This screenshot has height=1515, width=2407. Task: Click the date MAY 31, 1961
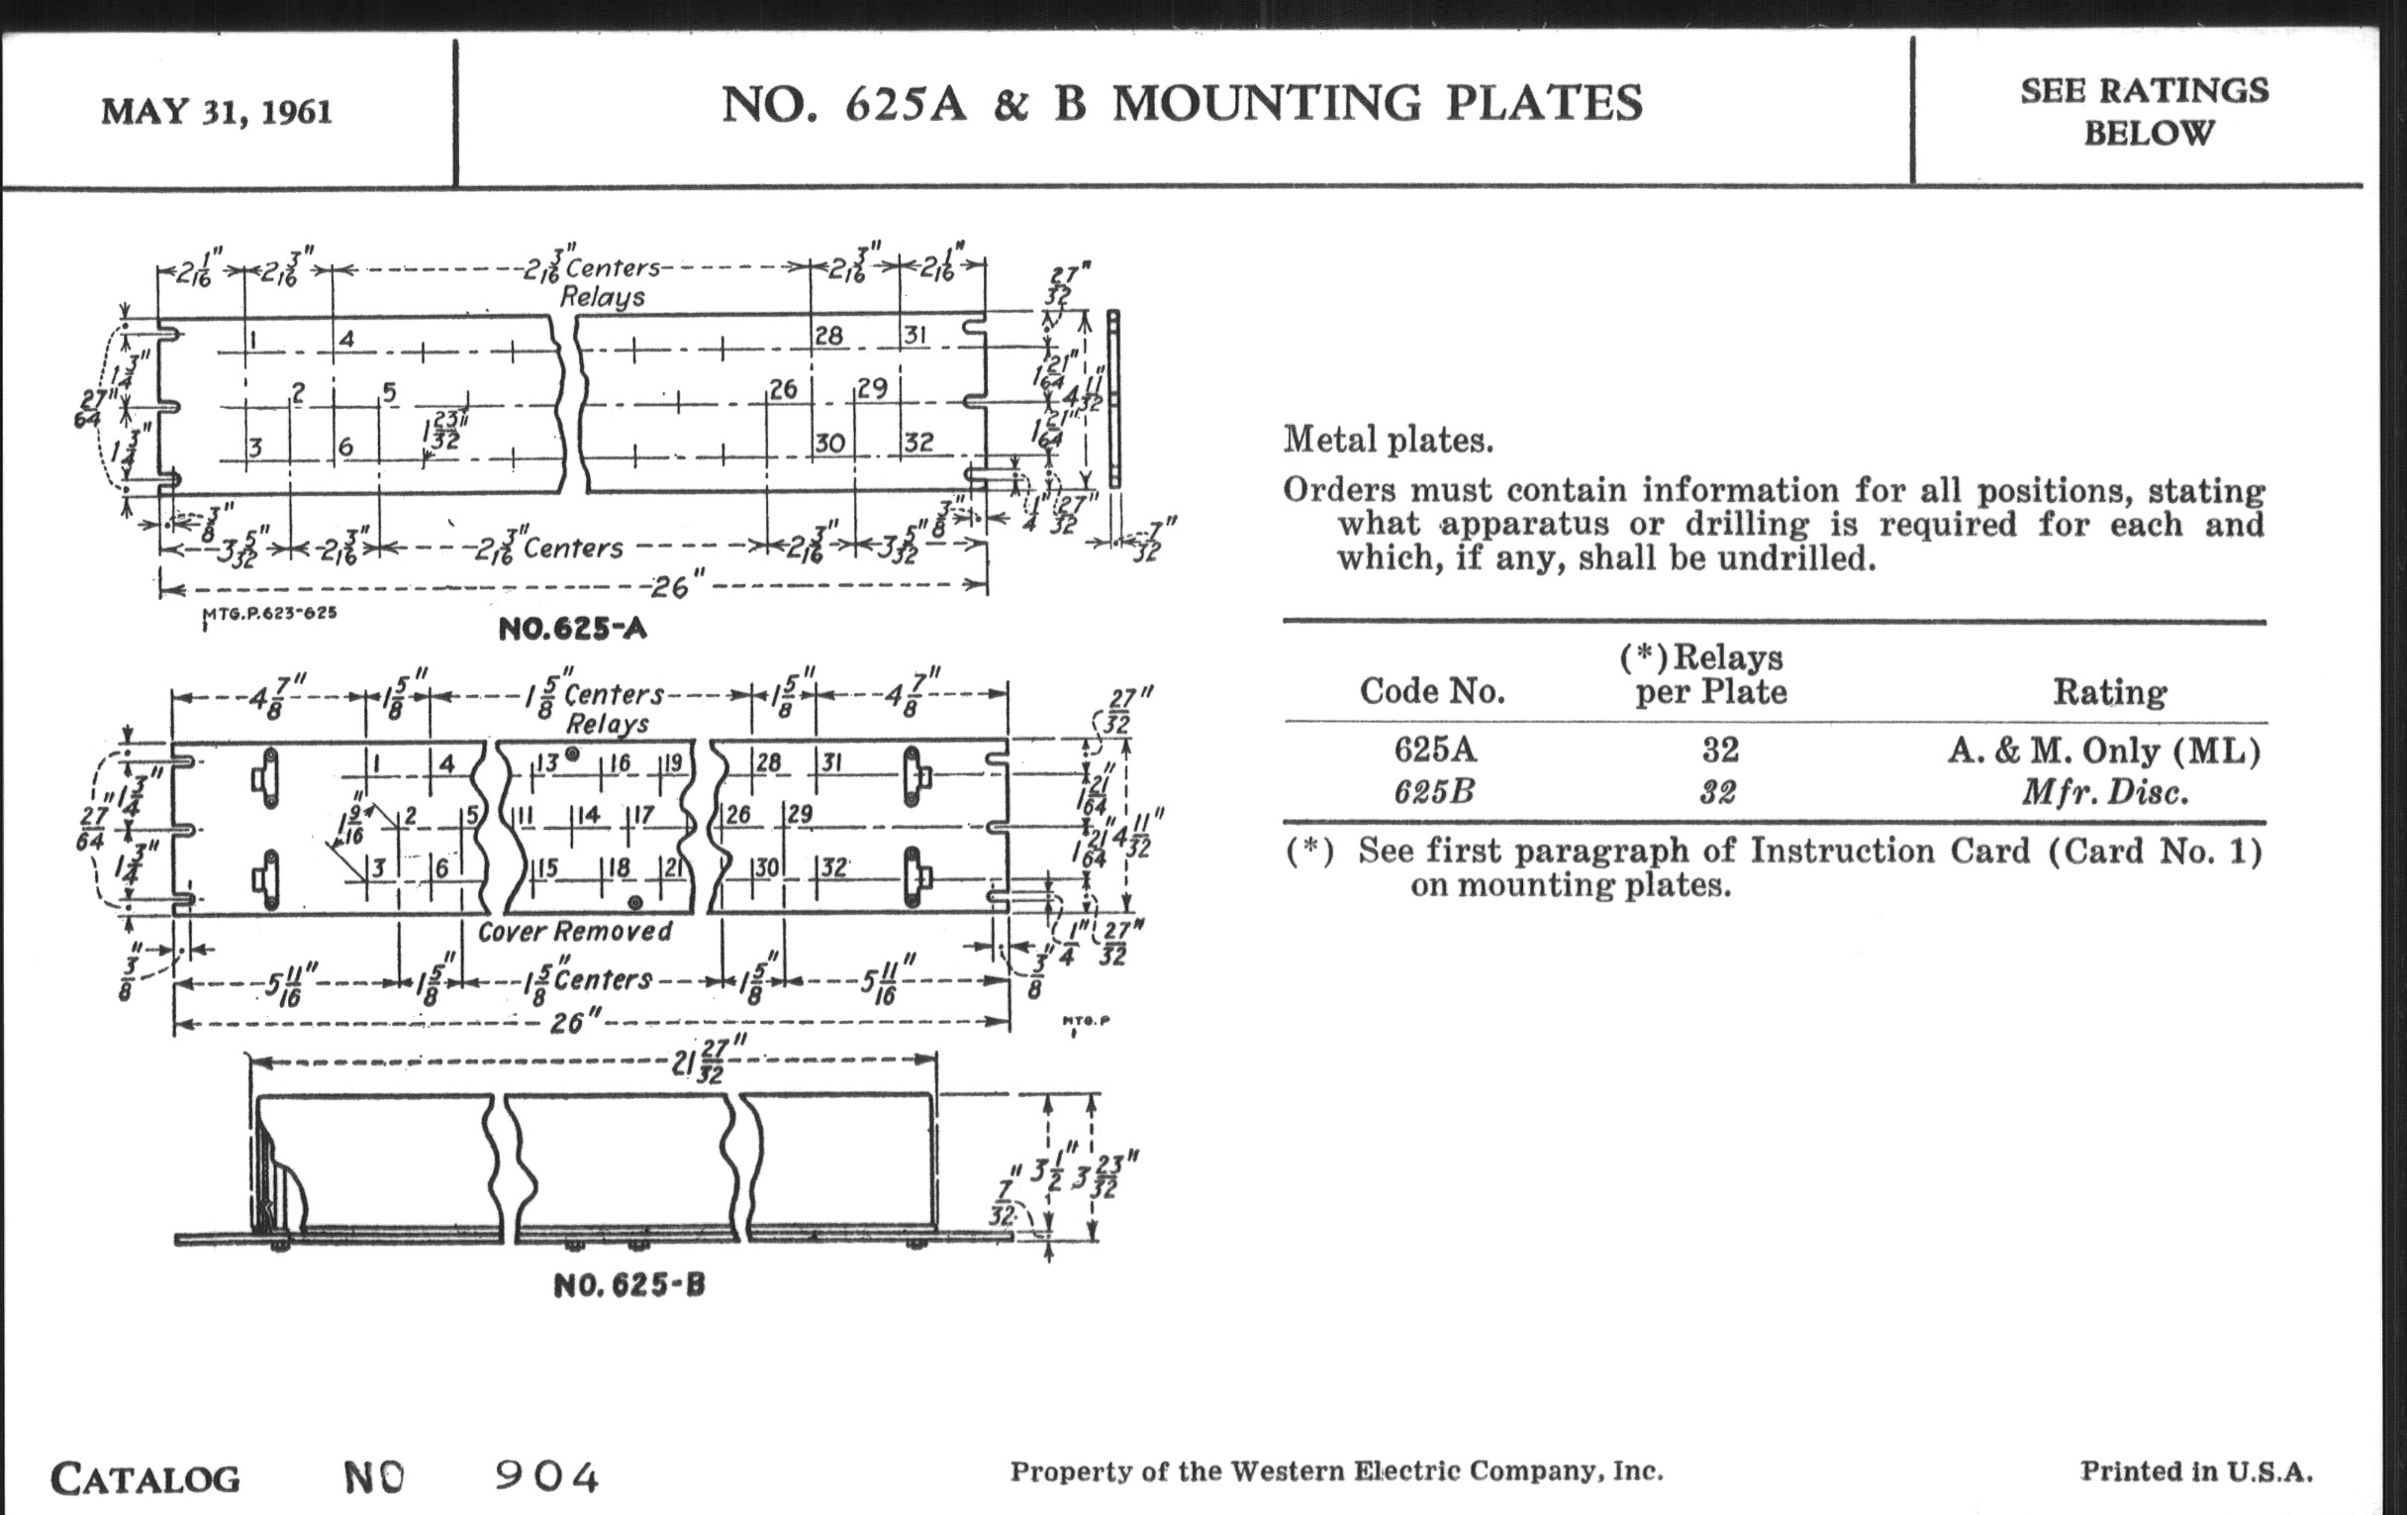pyautogui.click(x=216, y=112)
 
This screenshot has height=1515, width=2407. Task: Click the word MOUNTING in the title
pyautogui.click(x=1279, y=104)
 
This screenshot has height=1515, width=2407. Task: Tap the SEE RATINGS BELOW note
pyautogui.click(x=2145, y=111)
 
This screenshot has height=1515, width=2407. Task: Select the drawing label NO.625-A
pyautogui.click(x=572, y=629)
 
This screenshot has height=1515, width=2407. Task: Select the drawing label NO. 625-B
pyautogui.click(x=628, y=1285)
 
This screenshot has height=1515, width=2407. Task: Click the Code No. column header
pyautogui.click(x=1431, y=691)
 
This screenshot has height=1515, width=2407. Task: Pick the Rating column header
pyautogui.click(x=2109, y=691)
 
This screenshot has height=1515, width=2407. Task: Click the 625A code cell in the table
pyautogui.click(x=1434, y=750)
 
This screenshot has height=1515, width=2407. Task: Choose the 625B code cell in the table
pyautogui.click(x=1433, y=793)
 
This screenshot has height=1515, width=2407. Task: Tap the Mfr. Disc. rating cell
pyautogui.click(x=2105, y=793)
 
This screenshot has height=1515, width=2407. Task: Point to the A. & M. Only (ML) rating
pyautogui.click(x=2104, y=750)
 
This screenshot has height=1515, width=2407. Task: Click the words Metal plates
pyautogui.click(x=1388, y=440)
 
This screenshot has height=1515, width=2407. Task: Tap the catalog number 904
pyautogui.click(x=546, y=1477)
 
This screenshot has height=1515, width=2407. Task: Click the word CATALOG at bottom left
pyautogui.click(x=145, y=1479)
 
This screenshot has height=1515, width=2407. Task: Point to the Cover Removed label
pyautogui.click(x=575, y=932)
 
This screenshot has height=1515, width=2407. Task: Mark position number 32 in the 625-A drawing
pyautogui.click(x=918, y=441)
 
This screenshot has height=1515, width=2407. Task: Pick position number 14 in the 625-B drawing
pyautogui.click(x=588, y=815)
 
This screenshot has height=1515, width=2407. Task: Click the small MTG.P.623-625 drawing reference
pyautogui.click(x=269, y=613)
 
